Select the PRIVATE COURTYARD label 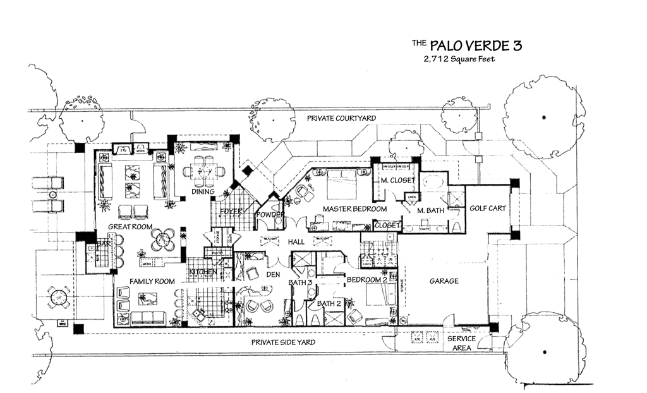(341, 118)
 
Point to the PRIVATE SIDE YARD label (283, 342)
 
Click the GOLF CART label (488, 209)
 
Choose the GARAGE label (444, 281)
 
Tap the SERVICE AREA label (461, 343)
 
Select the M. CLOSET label (398, 181)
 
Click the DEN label (274, 275)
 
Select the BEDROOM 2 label (366, 279)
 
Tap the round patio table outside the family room (57, 298)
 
